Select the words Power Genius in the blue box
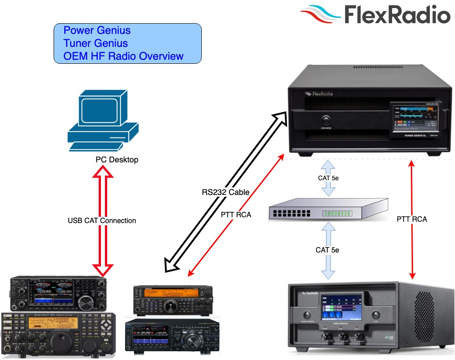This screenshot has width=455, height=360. pos(97,31)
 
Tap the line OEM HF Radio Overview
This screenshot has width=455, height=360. pos(123,56)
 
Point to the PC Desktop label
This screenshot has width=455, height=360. pos(117,159)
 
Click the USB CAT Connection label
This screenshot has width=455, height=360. pos(102,220)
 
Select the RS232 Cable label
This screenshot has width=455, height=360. pos(225,193)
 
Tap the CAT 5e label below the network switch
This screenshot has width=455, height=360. pos(327,250)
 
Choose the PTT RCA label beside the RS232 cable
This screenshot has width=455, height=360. pos(236,215)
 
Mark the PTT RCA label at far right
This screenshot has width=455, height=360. pos(412,219)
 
